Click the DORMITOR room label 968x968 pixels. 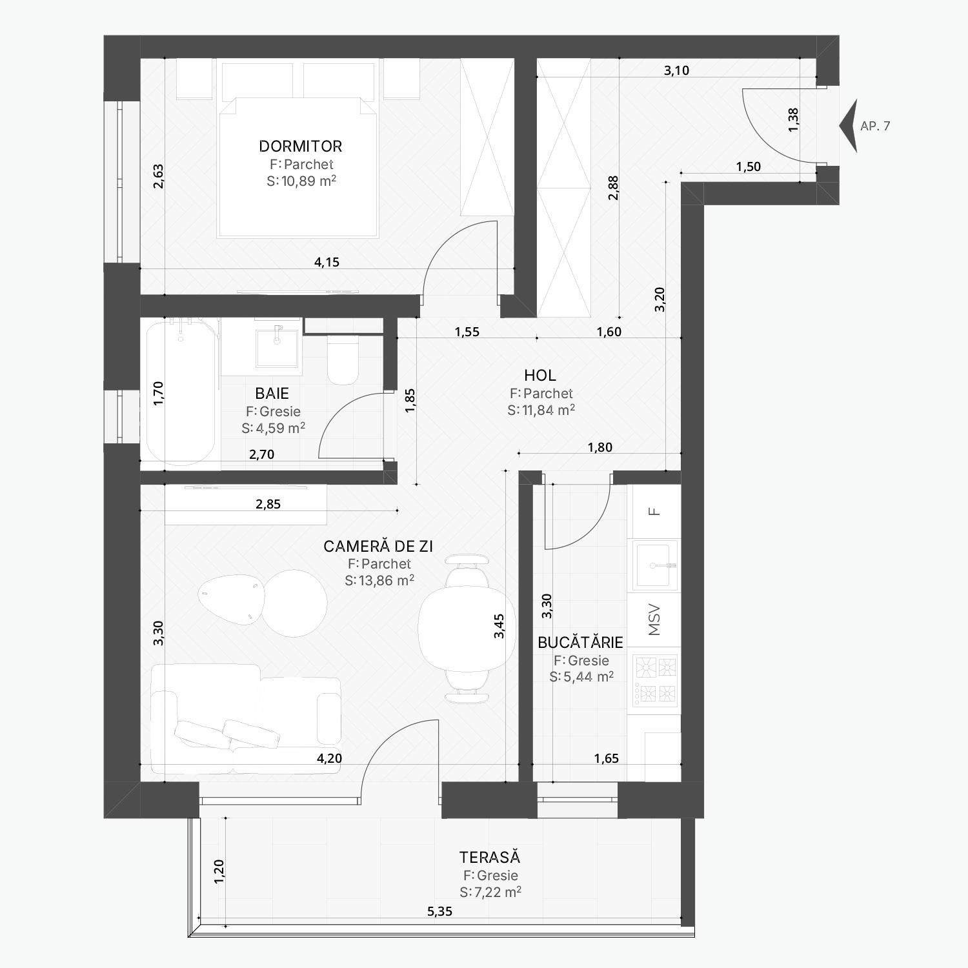tap(300, 146)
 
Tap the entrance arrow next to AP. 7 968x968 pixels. tap(849, 126)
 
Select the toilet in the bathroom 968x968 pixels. tap(343, 360)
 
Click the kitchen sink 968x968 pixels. tap(655, 565)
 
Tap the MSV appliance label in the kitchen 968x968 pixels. tap(654, 620)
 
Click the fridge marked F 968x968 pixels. tap(655, 512)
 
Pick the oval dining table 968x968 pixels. tap(467, 629)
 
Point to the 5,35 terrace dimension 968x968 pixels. tap(439, 911)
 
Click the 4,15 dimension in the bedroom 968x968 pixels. tap(327, 262)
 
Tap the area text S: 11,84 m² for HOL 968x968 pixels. tap(541, 410)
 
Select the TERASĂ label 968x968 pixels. tap(490, 857)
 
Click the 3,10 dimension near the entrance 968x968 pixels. tap(676, 70)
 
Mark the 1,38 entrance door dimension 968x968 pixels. tap(793, 120)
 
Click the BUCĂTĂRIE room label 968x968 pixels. tap(580, 642)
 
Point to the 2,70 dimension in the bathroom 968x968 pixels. tap(261, 454)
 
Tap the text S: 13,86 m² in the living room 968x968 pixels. tap(379, 580)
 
